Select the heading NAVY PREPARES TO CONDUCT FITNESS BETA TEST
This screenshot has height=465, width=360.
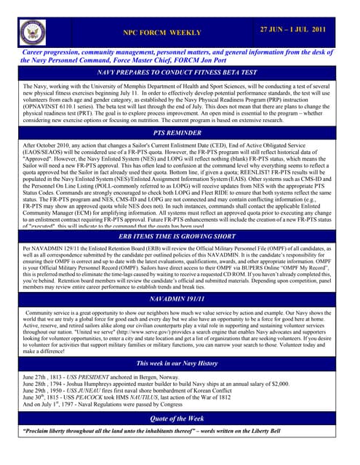(x=180, y=73)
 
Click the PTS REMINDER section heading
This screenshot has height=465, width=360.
(x=180, y=134)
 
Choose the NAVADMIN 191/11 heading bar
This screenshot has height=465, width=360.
(x=180, y=299)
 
